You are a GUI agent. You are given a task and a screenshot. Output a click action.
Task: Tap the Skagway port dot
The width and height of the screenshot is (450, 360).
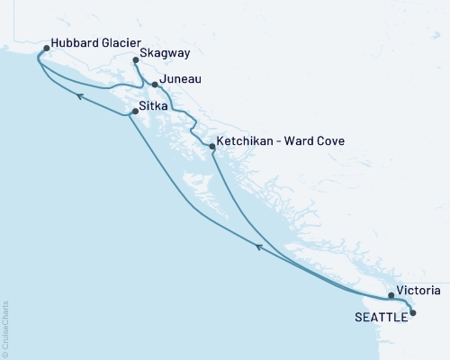[x=136, y=60]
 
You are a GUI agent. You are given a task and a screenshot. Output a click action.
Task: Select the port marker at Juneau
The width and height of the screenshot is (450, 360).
[x=155, y=85]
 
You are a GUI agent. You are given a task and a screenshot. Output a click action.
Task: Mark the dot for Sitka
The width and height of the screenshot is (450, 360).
[x=136, y=111]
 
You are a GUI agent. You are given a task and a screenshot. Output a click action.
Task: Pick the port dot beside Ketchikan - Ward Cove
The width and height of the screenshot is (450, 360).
[x=212, y=146]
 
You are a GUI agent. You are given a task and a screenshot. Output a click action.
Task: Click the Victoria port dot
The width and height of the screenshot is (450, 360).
[x=391, y=295]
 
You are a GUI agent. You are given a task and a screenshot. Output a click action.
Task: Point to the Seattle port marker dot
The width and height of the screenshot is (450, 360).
[x=413, y=312]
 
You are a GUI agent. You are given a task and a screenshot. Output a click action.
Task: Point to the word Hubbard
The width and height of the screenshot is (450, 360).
[x=76, y=41]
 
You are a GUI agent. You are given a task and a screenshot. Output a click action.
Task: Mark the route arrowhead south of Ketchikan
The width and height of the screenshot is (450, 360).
[x=258, y=246]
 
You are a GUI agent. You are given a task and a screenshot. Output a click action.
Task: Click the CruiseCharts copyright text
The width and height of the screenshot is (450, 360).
[x=5, y=324]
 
